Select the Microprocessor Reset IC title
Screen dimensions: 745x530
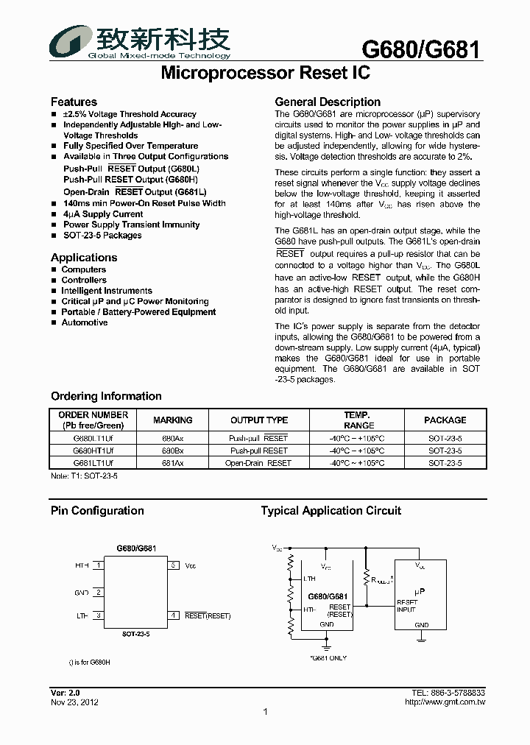click(x=265, y=74)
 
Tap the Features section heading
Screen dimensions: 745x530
click(x=74, y=102)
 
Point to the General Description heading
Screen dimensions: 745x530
click(x=328, y=102)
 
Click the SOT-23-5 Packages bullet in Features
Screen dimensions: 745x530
click(x=102, y=236)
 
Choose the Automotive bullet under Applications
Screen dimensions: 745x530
click(x=85, y=322)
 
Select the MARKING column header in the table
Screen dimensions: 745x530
click(x=173, y=420)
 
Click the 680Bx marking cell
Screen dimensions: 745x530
click(x=173, y=451)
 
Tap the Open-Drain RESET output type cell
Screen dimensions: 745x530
click(x=258, y=463)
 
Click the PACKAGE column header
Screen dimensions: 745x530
click(x=445, y=420)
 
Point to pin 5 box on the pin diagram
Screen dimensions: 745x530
click(x=174, y=565)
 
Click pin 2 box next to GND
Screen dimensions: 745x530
click(x=98, y=592)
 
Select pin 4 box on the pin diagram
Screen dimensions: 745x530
click(x=174, y=615)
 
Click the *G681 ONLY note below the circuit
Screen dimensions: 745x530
click(x=328, y=657)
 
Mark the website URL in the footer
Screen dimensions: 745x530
click(x=445, y=702)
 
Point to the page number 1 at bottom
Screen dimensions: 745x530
click(x=265, y=712)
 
